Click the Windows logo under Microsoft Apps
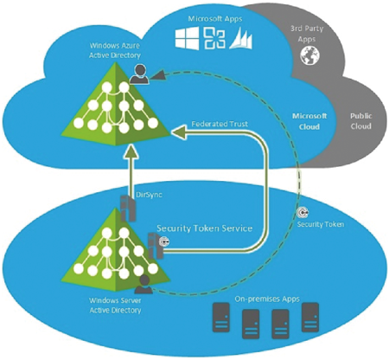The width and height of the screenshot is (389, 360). (x=187, y=38)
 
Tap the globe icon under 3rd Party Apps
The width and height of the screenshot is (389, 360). (x=309, y=55)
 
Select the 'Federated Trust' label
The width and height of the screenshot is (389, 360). (x=220, y=124)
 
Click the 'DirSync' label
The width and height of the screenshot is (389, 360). (x=149, y=195)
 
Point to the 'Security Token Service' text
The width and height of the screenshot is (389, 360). (x=205, y=228)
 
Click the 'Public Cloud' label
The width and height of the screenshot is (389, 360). (x=360, y=121)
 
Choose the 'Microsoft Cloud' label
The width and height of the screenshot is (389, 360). (x=309, y=121)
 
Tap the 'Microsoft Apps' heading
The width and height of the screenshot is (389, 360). (x=215, y=19)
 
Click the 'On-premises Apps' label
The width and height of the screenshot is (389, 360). (x=267, y=299)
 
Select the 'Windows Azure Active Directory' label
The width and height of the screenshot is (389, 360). (x=115, y=50)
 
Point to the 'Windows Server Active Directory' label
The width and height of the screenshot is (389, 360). (x=115, y=305)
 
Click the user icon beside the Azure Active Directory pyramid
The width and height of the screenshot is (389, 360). (x=139, y=74)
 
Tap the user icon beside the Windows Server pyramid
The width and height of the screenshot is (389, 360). (x=143, y=285)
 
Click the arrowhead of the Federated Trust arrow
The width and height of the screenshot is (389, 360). (x=179, y=132)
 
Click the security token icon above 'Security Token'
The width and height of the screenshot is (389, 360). (x=303, y=213)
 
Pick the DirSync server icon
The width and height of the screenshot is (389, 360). (x=128, y=208)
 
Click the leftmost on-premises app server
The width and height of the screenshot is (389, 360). (x=221, y=318)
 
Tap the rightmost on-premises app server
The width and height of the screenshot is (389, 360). (x=310, y=317)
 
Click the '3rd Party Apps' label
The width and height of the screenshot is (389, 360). (x=307, y=34)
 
